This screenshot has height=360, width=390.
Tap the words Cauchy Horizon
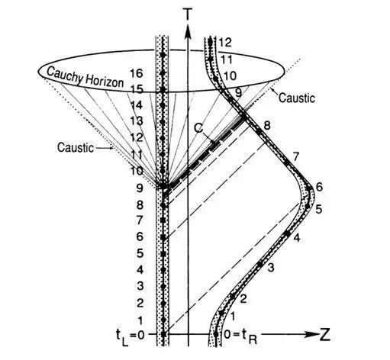pos(85,77)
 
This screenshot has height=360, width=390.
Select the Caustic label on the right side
pos(297,98)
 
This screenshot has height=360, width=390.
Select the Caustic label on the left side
pos(76,147)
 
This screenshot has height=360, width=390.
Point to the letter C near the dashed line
pos(198,128)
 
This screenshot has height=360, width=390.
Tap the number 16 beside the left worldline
pos(137,73)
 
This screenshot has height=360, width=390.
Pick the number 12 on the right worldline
pos(225,43)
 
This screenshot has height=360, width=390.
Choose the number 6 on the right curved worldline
pos(319,187)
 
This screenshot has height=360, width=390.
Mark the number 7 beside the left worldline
pos(140,220)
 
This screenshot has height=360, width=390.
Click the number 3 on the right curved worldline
pos(271,267)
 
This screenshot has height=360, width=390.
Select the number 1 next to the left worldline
pos(140,320)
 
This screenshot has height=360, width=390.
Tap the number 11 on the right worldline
pos(226,59)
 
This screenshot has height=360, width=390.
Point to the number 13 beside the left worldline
pos(137,121)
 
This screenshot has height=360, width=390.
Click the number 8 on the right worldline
pos(267,126)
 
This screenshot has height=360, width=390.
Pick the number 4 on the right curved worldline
pos(297,238)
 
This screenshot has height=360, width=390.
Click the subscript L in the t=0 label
pos(125,342)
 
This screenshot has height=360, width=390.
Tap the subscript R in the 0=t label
pos(253,340)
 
